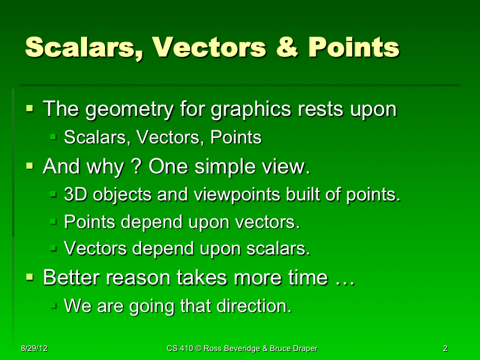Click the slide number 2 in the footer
point(445,348)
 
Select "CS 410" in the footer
point(180,348)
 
